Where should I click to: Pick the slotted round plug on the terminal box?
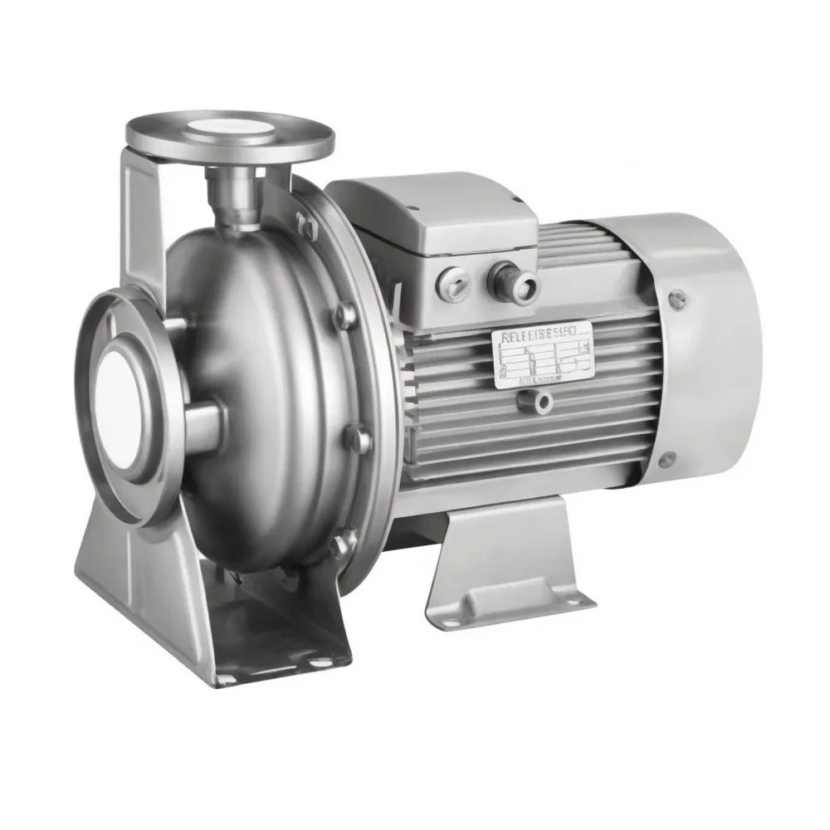450,280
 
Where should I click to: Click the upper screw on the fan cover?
678,299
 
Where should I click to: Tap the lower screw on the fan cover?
665,459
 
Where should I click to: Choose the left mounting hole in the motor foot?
448,620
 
